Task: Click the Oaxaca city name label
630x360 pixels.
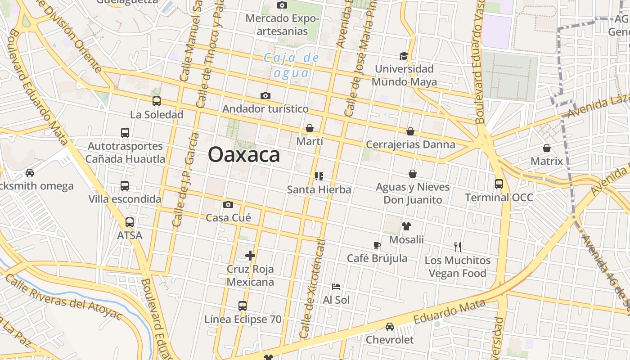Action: point(244,155)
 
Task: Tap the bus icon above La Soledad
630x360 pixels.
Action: point(157,101)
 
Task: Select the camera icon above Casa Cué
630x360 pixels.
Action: point(228,205)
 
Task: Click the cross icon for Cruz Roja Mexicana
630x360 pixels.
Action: point(250,256)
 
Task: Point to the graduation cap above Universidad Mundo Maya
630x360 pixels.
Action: point(404,56)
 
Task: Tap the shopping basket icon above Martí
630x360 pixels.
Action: point(310,129)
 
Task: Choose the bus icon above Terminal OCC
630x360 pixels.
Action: point(499,184)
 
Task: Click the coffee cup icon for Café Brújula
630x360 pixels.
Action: point(377,245)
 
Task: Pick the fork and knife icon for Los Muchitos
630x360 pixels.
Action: point(458,247)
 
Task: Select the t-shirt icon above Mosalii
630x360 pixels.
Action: point(406,226)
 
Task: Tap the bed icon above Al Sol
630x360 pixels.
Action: point(336,287)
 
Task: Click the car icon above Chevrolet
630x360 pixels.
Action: point(390,327)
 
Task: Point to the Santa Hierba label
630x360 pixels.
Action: point(319,189)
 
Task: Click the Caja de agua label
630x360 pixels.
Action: point(292,65)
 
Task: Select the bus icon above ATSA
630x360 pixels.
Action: point(130,222)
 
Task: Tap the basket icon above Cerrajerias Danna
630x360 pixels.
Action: point(410,131)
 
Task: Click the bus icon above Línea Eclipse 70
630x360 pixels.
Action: point(243,306)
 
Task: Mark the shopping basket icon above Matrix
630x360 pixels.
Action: point(547,148)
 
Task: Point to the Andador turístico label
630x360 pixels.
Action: point(265,109)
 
